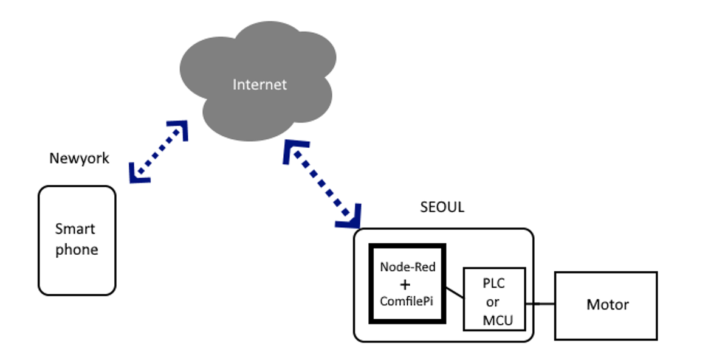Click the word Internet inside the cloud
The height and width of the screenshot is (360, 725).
coord(259,85)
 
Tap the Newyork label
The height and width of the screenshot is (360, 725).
coord(79,159)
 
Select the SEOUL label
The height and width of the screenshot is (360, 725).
coord(442,207)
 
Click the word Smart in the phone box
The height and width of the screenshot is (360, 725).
coord(75,229)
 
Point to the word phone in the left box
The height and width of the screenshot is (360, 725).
coord(77,250)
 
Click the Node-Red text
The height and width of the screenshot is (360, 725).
coord(408,267)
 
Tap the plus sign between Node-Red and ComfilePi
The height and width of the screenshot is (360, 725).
coord(406,285)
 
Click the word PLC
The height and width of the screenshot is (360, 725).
coord(493,284)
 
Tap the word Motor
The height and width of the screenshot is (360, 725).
coord(607,305)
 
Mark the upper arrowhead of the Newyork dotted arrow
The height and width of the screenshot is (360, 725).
coord(178,129)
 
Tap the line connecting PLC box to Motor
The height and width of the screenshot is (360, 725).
coord(540,303)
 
